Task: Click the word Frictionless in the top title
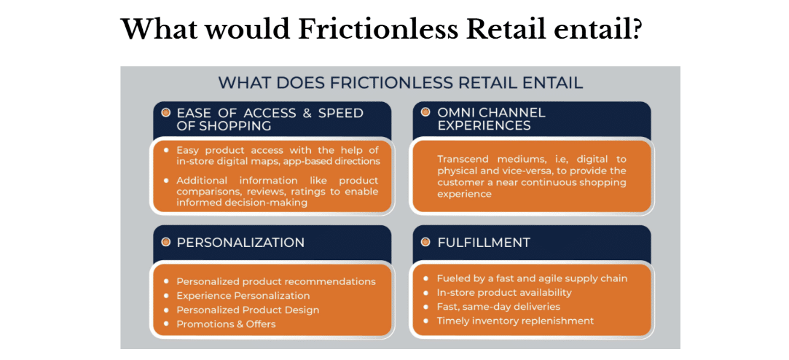tap(378, 30)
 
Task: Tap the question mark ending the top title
tap(635, 30)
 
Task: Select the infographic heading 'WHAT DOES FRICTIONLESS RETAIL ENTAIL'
tap(401, 82)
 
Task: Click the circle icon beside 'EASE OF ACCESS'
tap(165, 112)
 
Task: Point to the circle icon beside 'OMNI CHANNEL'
tap(425, 111)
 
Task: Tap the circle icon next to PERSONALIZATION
tap(165, 242)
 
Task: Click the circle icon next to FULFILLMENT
tap(425, 242)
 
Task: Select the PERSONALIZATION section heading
tap(240, 243)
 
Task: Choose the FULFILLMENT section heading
tap(484, 243)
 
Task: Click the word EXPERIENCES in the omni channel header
tap(484, 125)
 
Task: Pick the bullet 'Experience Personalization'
tap(243, 296)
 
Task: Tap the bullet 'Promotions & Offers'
tap(226, 324)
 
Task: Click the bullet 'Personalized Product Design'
tap(248, 310)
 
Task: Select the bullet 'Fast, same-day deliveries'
tap(498, 307)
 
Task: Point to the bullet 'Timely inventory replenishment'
tap(515, 321)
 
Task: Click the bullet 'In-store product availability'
tap(504, 292)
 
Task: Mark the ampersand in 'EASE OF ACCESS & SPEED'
tap(307, 113)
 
